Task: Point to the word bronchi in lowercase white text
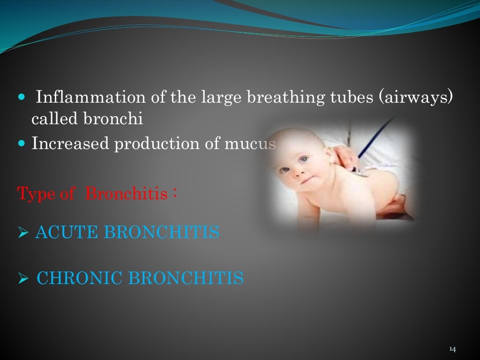pos(113,120)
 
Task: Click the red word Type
pos(36,193)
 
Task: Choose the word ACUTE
pos(65,232)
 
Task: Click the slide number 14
pos(452,349)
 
